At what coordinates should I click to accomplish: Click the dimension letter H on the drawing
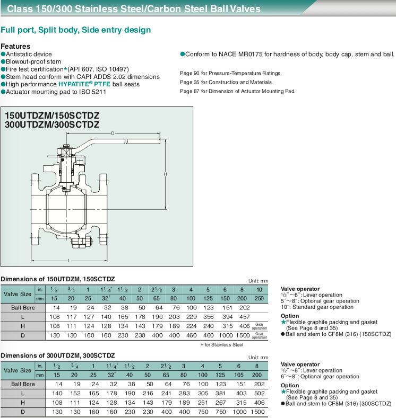coord(165,174)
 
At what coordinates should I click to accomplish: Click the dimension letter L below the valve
coord(69,260)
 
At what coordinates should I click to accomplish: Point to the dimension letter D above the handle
coord(113,134)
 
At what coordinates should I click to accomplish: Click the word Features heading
coord(16,46)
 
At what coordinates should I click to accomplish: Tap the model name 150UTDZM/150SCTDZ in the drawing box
coord(52,115)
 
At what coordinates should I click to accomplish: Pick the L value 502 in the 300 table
coord(259,393)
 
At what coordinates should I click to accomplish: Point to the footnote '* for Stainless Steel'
coord(221,344)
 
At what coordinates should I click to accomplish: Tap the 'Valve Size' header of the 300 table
coord(18,370)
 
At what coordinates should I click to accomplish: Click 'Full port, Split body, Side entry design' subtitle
coord(76,30)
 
